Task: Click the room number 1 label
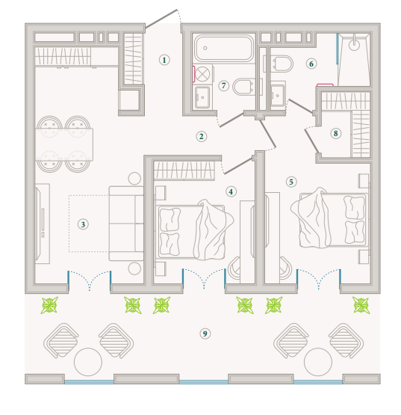pos(164,60)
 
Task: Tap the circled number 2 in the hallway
pos(201,137)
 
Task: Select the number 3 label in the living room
pos(83,224)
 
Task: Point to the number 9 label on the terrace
pos(205,333)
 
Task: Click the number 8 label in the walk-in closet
pos(336,133)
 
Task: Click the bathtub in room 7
pos(224,49)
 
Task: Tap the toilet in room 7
pos(244,87)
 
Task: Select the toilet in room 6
pos(282,64)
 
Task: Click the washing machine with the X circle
pos(203,74)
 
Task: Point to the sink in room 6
pos(278,95)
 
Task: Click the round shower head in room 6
pos(354,45)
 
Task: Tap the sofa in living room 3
pos(126,224)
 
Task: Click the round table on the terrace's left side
pos(88,362)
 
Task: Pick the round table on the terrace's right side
pos(318,362)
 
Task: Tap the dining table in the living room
pos(64,144)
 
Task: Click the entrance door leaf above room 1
pos(161,19)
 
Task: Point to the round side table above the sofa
pos(134,179)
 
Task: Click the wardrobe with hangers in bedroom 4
pos(184,170)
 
